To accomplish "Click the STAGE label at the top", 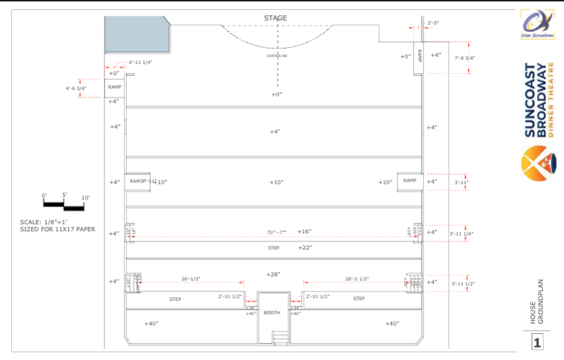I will tap(276, 18).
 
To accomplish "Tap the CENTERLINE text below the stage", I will tap(276, 55).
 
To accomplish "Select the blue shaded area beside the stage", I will tap(136, 34).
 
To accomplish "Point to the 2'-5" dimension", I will tap(433, 23).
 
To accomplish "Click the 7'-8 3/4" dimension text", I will tap(465, 58).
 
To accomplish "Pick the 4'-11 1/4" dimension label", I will tap(140, 62).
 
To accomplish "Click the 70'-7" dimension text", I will tap(277, 232).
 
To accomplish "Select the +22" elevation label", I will tap(305, 247).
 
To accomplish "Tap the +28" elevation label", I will tap(274, 274).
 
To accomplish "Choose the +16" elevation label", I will tap(304, 231).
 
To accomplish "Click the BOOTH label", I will tap(271, 312).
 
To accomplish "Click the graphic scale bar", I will tap(63, 205).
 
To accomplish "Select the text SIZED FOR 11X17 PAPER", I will tap(59, 229).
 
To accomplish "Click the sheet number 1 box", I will tap(537, 342).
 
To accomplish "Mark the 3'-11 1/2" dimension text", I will tap(463, 283).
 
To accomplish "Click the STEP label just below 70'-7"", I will tap(274, 248).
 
